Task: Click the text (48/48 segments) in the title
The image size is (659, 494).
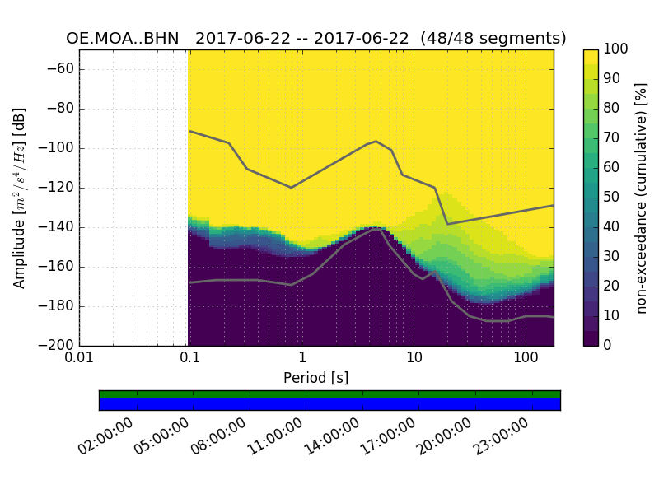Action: (x=493, y=39)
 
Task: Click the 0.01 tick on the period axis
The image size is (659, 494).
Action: (x=80, y=359)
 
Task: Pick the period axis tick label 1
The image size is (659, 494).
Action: (x=302, y=359)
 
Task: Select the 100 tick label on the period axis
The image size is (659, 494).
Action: (x=526, y=359)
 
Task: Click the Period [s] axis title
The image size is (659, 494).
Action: (x=315, y=378)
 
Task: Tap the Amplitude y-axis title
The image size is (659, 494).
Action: (x=20, y=198)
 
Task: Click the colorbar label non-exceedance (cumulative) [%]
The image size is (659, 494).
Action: (x=642, y=198)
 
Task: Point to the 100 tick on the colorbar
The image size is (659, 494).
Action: (x=617, y=49)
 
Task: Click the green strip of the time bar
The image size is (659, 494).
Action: (x=329, y=394)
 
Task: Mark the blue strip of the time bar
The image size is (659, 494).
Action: (x=329, y=404)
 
